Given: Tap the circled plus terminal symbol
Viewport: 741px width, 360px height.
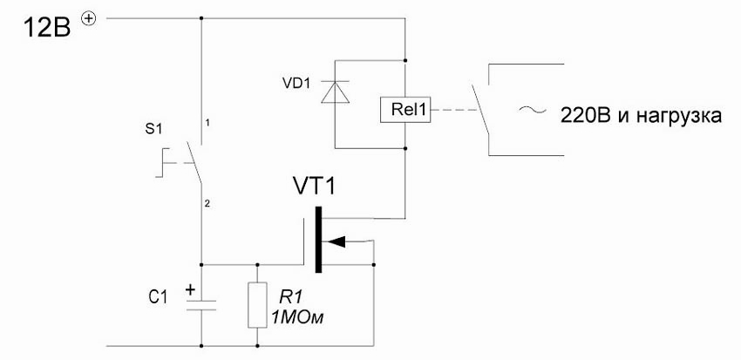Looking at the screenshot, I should click(x=87, y=17).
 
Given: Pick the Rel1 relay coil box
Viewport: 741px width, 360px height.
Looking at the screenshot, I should click(x=404, y=110).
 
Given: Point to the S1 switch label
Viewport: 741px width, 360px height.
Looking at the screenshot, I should click(x=154, y=128).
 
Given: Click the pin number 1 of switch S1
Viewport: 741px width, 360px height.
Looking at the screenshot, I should click(x=207, y=123).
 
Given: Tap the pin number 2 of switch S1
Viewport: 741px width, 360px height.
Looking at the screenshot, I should click(x=207, y=203).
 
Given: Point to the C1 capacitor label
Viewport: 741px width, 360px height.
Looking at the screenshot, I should click(x=157, y=297).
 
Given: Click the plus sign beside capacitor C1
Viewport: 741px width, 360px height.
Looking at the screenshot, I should click(x=188, y=287).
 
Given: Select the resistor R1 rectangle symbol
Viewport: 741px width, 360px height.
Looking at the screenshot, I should click(x=257, y=305).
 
